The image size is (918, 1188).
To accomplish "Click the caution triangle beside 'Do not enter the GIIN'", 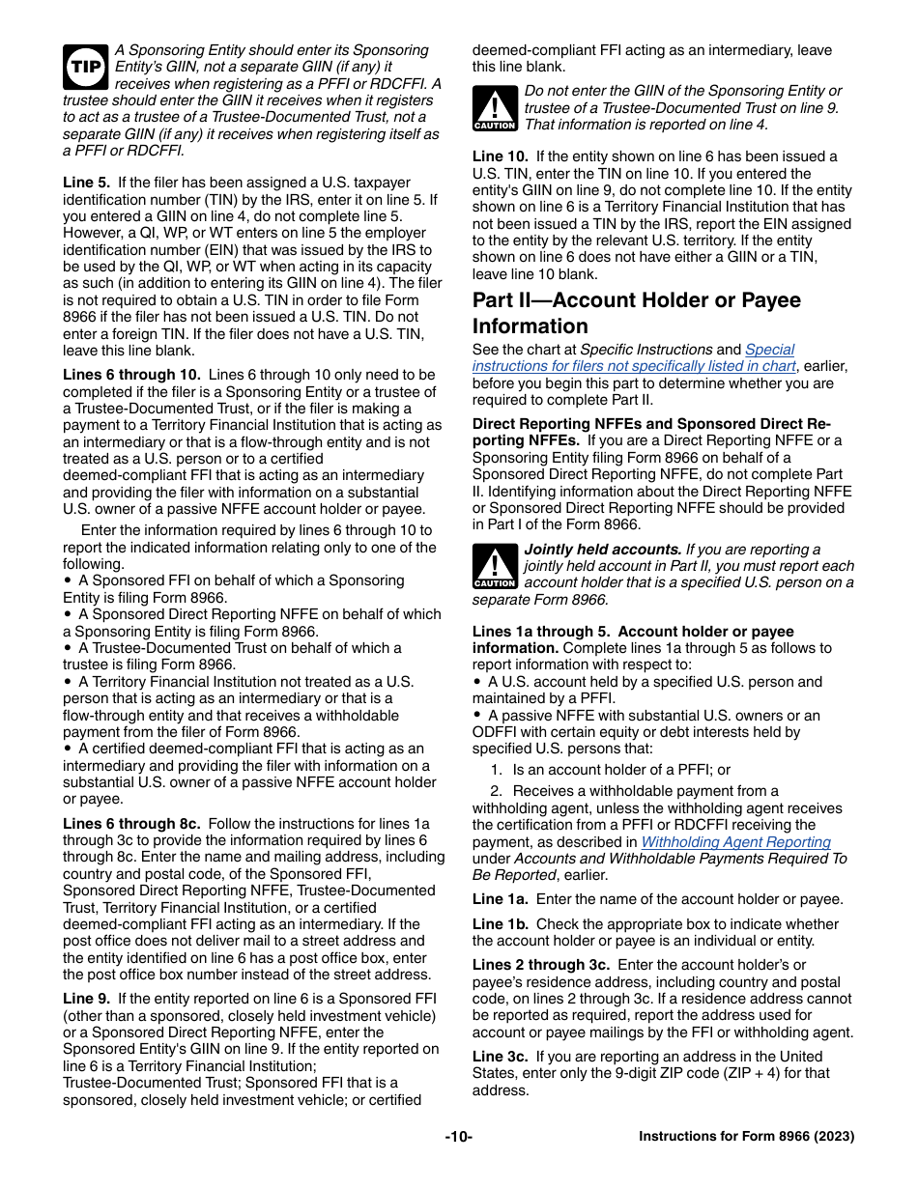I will (494, 107).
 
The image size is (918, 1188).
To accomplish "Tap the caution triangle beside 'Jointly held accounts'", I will (494, 566).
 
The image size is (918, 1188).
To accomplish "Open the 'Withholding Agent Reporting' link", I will (735, 842).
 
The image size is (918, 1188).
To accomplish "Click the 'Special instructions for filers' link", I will (633, 358).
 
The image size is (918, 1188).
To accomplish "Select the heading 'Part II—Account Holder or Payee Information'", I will (636, 313).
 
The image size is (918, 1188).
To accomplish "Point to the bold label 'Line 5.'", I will (87, 183).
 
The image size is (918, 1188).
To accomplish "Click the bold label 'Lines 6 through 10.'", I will (131, 375).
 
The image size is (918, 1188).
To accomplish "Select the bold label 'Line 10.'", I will (500, 156).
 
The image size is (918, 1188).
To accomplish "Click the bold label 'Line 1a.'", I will (501, 899).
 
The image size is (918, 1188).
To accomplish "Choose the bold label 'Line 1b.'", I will (501, 924).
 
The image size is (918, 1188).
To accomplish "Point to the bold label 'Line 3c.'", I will (501, 1057).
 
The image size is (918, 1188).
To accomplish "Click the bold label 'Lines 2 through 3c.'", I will (540, 965).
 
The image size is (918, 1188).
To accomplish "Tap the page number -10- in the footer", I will (458, 1137).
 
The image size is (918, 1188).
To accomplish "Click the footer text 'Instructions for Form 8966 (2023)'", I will (746, 1137).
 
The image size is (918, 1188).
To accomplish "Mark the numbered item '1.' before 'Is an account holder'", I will (496, 770).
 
